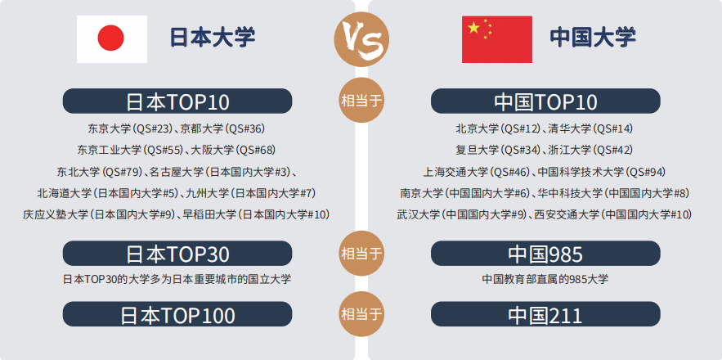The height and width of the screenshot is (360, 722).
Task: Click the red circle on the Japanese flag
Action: point(111,38)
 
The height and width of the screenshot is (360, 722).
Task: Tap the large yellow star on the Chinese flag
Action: point(473,28)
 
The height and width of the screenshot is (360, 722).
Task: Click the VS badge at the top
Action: point(361,39)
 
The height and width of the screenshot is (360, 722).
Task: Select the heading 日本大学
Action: point(213,38)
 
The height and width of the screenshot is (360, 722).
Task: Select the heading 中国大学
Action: point(593,38)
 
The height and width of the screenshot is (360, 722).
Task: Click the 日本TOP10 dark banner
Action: point(177,101)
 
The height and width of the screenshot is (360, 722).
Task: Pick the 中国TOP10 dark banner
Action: point(545,101)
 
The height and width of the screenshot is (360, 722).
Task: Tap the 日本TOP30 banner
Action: point(177,253)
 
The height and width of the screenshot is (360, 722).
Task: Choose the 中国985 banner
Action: point(545,253)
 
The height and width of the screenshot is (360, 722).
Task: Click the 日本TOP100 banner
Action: point(177,314)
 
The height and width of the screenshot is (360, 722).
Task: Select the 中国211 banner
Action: point(545,314)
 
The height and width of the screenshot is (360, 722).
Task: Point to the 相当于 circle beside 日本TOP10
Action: point(361,100)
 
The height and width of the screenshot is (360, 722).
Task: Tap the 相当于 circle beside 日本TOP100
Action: point(361,314)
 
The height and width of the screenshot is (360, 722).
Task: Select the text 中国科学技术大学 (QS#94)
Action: point(602,172)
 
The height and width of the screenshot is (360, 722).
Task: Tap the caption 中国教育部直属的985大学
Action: point(545,279)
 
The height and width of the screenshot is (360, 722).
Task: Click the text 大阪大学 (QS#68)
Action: point(233,151)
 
